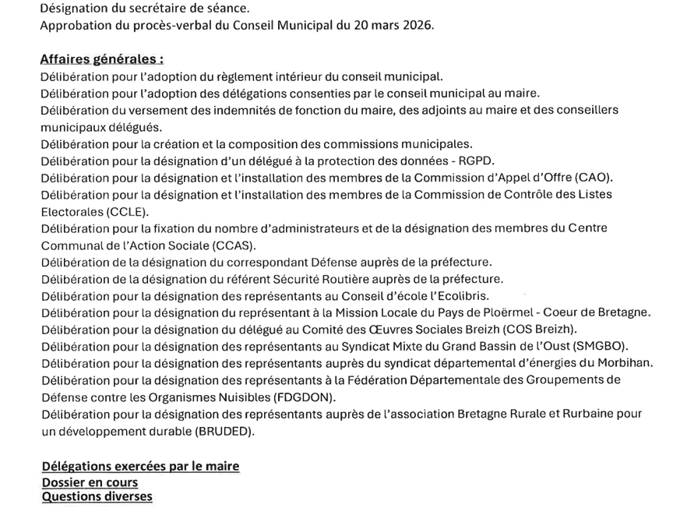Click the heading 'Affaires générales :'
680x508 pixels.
pyautogui.click(x=102, y=59)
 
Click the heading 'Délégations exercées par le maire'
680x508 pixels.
pyautogui.click(x=140, y=467)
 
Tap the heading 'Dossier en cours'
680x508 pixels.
pyautogui.click(x=90, y=482)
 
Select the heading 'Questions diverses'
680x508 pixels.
pyautogui.click(x=97, y=497)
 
